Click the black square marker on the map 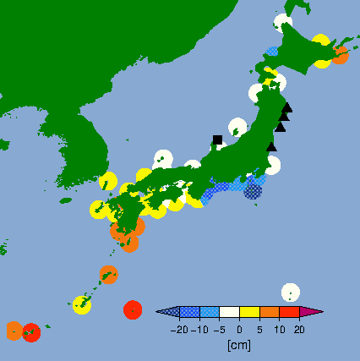217,139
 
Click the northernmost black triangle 287,107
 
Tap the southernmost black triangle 271,146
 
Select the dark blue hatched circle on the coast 253,191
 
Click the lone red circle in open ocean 133,309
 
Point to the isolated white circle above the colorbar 290,292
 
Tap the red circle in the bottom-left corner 31,332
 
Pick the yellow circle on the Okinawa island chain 81,304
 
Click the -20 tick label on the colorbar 179,330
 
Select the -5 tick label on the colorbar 220,330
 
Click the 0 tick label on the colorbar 239,330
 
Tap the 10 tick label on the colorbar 279,330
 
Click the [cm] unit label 239,345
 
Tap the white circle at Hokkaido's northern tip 283,22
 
